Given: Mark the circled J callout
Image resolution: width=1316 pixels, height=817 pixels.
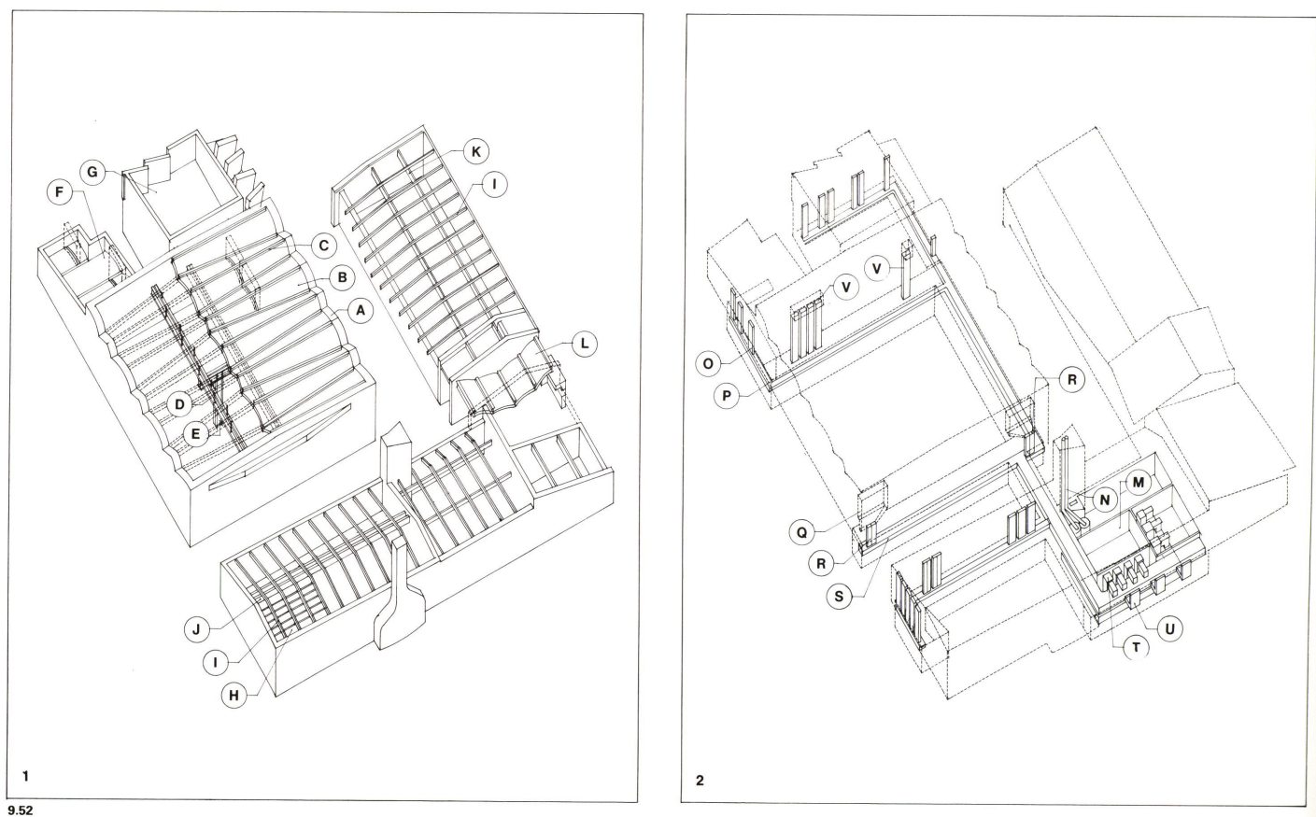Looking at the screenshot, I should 197,629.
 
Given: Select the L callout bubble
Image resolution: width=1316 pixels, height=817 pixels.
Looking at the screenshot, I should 584,344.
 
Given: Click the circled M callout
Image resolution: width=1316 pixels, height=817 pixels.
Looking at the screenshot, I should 1138,483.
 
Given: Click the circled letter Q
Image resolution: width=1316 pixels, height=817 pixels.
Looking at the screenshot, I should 801,532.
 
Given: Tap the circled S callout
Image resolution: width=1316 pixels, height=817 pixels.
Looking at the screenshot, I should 842,597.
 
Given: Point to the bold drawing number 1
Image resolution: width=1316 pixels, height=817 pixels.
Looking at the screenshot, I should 26,775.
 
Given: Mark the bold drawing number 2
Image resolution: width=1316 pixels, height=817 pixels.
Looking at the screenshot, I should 700,780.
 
